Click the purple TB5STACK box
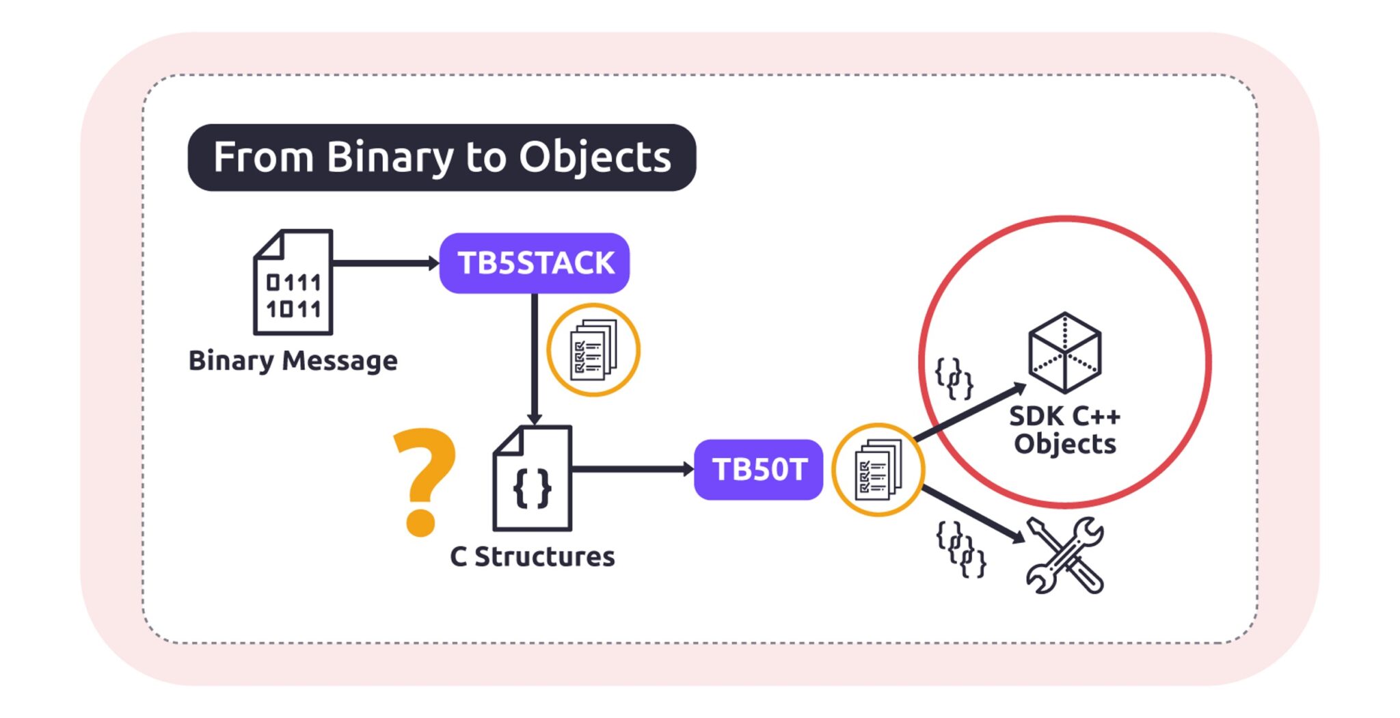click(x=534, y=263)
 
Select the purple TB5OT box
click(x=758, y=470)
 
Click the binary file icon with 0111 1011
click(x=293, y=282)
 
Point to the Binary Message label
click(x=293, y=360)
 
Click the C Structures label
click(x=532, y=557)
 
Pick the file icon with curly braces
click(x=533, y=479)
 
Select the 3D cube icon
click(x=1064, y=352)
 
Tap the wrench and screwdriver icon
click(x=1065, y=555)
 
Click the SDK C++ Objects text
click(x=1064, y=430)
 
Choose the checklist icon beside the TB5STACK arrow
click(x=593, y=350)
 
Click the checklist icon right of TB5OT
click(x=878, y=470)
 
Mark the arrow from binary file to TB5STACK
click(x=385, y=263)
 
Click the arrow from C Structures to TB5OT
click(x=632, y=469)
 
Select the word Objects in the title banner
click(x=594, y=157)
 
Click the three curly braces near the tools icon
click(x=960, y=549)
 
